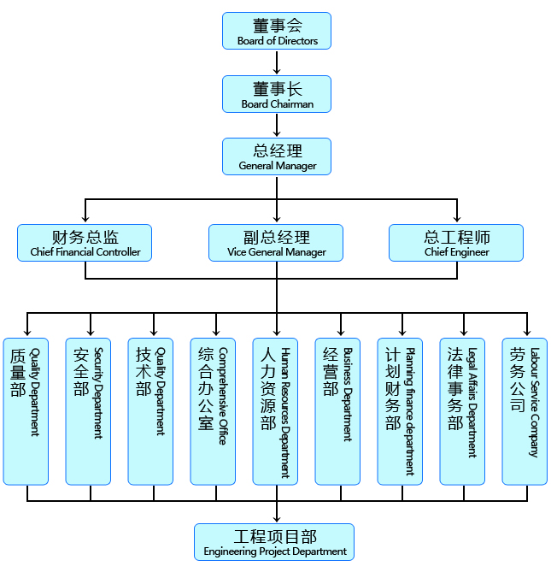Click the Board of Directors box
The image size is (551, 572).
click(277, 31)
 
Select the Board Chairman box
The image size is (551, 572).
click(277, 94)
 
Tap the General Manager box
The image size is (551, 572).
click(277, 156)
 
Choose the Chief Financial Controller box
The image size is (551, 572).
click(85, 243)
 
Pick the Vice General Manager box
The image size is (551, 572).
click(276, 243)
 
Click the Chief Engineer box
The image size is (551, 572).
click(456, 243)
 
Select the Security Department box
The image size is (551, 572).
click(88, 411)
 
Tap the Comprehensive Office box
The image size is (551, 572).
click(213, 411)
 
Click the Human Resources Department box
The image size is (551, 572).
click(275, 411)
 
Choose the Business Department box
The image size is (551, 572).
click(337, 411)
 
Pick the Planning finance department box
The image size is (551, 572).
click(400, 411)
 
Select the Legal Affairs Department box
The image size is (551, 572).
click(462, 411)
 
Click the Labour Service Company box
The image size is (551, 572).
click(525, 411)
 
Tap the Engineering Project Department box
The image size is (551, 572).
click(274, 542)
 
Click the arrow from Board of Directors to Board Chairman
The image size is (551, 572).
click(277, 62)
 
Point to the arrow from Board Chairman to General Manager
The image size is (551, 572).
click(277, 126)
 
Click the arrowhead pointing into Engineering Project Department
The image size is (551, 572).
click(276, 518)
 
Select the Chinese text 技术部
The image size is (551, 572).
click(143, 372)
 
